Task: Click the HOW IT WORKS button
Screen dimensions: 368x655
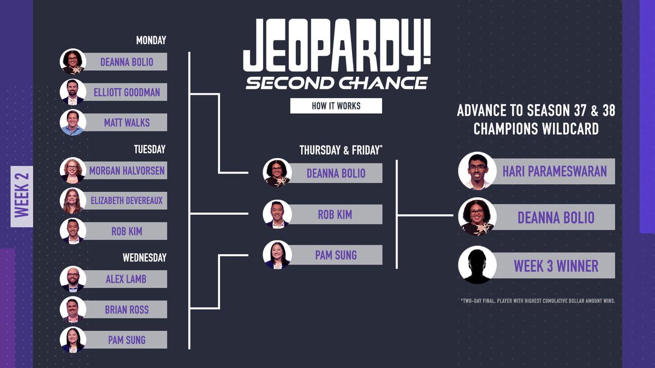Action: [x=336, y=106]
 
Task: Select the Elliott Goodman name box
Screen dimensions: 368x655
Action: [x=127, y=92]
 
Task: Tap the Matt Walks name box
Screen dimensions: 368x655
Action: [x=127, y=123]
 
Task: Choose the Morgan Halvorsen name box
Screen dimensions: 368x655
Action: [x=127, y=171]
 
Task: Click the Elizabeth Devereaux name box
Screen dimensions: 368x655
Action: [x=127, y=201]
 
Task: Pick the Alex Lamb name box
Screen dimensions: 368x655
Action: [x=127, y=279]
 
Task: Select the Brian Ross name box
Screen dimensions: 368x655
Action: [x=127, y=310]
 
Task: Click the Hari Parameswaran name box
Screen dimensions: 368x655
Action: [x=554, y=171]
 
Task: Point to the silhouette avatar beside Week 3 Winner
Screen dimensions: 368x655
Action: [x=477, y=266]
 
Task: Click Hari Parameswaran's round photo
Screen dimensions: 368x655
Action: [x=477, y=171]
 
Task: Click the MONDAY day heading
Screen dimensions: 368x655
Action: [x=151, y=40]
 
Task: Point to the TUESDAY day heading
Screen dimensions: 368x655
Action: [x=150, y=149]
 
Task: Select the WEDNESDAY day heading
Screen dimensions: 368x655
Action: [x=144, y=257]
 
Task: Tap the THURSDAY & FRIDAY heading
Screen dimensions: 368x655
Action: [x=340, y=150]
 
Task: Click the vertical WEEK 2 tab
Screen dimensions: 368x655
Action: [x=22, y=196]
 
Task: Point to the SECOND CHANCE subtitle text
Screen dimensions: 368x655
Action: [x=336, y=83]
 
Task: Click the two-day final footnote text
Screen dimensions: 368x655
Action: [x=538, y=300]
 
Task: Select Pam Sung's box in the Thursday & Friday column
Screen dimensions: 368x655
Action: [x=336, y=255]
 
